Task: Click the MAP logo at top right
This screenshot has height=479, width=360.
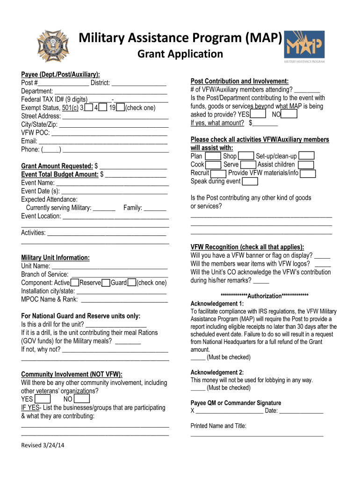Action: [304, 46]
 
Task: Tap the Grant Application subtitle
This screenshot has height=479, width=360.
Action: [180, 54]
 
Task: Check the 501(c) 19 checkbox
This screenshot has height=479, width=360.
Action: [120, 108]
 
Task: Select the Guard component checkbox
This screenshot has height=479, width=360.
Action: [132, 283]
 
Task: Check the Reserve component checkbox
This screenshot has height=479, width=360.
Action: [106, 283]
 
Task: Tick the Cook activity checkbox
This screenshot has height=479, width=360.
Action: [213, 165]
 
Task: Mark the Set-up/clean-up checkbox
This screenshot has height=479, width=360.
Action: [306, 156]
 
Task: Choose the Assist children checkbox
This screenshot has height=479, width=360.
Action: [306, 165]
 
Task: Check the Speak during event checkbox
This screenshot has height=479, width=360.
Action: [250, 181]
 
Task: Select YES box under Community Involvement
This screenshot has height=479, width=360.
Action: [43, 399]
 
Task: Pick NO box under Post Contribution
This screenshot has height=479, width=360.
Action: [289, 114]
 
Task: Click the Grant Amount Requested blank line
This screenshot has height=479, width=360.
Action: [133, 167]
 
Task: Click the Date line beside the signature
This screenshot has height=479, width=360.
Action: [302, 411]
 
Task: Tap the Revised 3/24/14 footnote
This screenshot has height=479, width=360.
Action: [43, 445]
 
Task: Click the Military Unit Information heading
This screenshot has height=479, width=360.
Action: [55, 258]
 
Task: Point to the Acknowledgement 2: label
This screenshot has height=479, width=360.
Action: [217, 372]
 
